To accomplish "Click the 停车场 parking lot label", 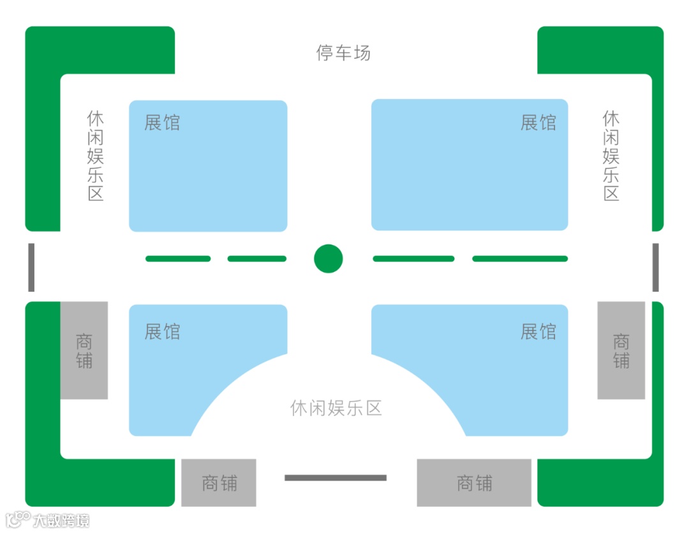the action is click(x=343, y=52).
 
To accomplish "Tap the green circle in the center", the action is click(x=329, y=259).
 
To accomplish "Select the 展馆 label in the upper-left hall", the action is click(x=162, y=123).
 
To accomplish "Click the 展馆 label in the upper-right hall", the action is click(x=538, y=123).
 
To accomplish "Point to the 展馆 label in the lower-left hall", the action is click(x=162, y=332).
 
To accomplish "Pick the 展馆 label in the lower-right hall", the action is click(x=538, y=332).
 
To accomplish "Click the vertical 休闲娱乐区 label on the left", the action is click(x=96, y=156).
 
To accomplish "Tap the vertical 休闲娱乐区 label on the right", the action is click(x=611, y=156).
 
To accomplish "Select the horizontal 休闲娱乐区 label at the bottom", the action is click(x=336, y=409).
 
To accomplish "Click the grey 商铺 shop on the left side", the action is click(x=84, y=350).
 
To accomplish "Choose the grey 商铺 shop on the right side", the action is click(x=621, y=350).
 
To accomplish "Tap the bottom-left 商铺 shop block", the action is click(x=219, y=483).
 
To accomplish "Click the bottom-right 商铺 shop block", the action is click(x=474, y=483).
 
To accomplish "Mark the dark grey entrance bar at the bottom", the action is click(x=336, y=477).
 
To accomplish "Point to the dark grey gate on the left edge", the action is click(x=31, y=267).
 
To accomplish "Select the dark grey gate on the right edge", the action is click(x=655, y=267).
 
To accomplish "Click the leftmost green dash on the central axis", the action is click(x=178, y=259).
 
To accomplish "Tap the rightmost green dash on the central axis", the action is click(x=520, y=259).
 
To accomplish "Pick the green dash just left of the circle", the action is click(x=257, y=259).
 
